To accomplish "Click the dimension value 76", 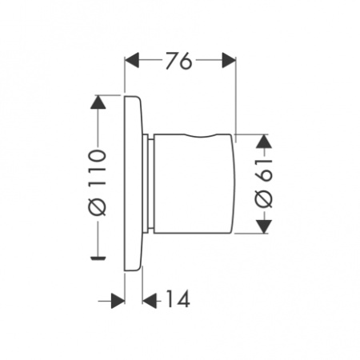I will click(181, 62).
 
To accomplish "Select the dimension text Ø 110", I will click(97, 179).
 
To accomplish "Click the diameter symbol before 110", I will click(97, 207).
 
